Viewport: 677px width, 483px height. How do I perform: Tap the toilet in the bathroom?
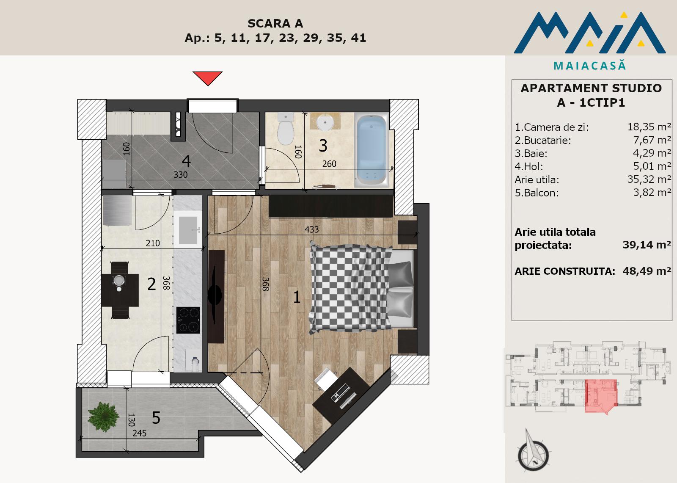(x=286, y=129)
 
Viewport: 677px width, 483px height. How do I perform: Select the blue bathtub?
(x=372, y=150)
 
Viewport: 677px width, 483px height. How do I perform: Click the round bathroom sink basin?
(x=325, y=122)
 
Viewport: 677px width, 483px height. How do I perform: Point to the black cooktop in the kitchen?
(x=188, y=320)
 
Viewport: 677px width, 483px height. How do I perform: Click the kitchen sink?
(x=188, y=230)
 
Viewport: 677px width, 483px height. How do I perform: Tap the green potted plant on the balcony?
(x=103, y=417)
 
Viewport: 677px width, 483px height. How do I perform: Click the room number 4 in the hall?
(x=187, y=161)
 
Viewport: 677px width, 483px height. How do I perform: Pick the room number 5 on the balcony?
(x=156, y=418)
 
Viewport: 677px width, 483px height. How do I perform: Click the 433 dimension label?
(x=311, y=229)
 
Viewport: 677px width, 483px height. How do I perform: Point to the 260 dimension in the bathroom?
(x=329, y=164)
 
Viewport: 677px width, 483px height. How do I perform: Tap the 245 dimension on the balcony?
(x=139, y=433)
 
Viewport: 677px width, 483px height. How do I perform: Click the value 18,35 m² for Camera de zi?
(x=649, y=127)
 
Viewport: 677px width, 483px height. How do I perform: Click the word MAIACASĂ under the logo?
(x=590, y=65)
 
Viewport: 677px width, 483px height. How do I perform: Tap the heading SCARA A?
(x=275, y=23)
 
